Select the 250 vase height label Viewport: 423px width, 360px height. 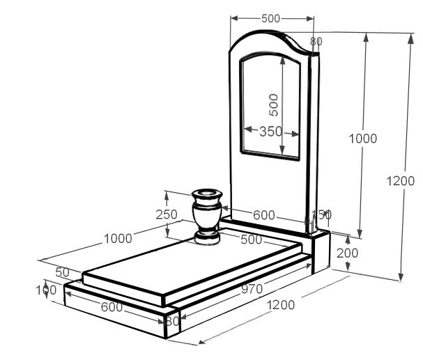click(x=167, y=214)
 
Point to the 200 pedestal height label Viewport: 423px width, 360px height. click(x=347, y=253)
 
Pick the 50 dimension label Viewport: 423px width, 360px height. click(x=63, y=272)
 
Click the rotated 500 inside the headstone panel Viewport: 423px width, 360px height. click(x=274, y=104)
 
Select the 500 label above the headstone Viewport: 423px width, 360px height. click(x=272, y=19)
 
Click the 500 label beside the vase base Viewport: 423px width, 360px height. click(x=251, y=240)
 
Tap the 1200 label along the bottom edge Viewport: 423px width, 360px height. click(x=280, y=304)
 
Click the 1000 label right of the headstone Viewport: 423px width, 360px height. click(x=362, y=138)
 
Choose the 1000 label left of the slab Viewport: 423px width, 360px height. click(x=118, y=239)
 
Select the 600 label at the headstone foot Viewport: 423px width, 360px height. click(x=263, y=215)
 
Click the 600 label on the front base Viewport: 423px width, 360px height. click(x=111, y=306)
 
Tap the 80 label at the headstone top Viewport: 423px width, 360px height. click(x=316, y=42)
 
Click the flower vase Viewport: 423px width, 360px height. click(x=207, y=216)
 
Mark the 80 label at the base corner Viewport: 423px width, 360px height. click(x=172, y=322)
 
